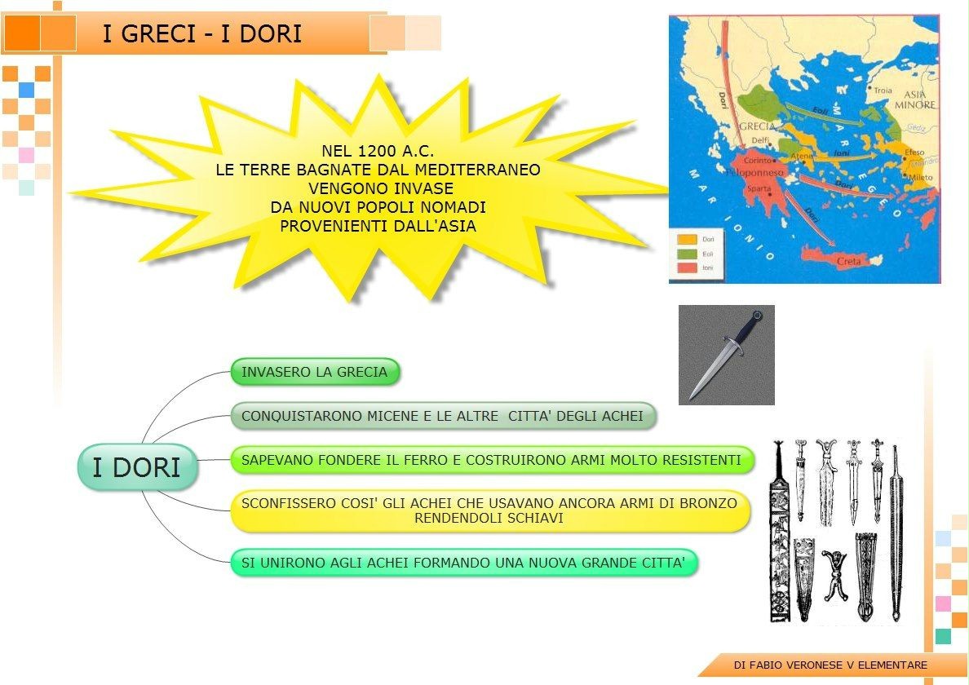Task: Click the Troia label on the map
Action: (x=883, y=91)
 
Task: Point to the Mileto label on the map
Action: (x=921, y=177)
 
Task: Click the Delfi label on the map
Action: (x=760, y=140)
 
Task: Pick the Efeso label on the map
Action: (x=914, y=152)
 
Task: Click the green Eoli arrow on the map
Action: (x=824, y=113)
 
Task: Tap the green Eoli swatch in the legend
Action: (x=687, y=254)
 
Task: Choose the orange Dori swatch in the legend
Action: (x=687, y=240)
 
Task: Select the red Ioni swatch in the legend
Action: (x=687, y=267)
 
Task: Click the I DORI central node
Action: (x=136, y=467)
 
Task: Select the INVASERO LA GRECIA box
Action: (x=315, y=372)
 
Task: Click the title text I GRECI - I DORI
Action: (x=201, y=33)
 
